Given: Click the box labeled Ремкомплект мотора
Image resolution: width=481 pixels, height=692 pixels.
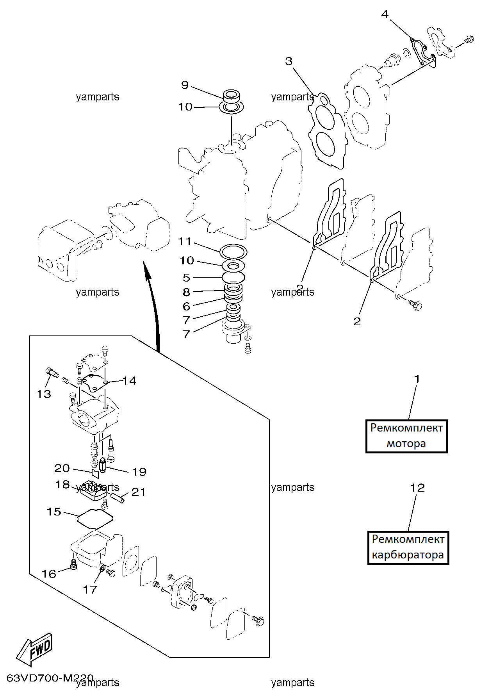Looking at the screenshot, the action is click(406, 436).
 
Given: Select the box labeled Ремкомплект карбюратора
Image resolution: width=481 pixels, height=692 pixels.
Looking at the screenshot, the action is click(408, 548).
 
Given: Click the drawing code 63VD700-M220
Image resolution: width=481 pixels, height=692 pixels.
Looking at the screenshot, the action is click(50, 678).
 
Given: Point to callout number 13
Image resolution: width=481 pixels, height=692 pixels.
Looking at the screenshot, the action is click(44, 394).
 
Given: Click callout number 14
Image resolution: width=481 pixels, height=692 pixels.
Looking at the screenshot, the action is click(129, 381).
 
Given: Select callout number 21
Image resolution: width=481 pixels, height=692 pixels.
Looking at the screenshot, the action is click(138, 492).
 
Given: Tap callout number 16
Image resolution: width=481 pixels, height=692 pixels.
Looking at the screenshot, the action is click(49, 574).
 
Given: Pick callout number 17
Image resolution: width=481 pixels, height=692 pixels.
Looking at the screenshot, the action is click(90, 589).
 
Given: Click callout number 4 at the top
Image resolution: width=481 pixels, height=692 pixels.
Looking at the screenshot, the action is click(385, 14).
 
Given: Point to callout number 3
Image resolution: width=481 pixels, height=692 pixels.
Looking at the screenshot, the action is click(289, 61).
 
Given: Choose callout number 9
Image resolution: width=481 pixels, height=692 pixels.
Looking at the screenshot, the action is click(185, 85).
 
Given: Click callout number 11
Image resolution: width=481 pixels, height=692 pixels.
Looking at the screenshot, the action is click(185, 242).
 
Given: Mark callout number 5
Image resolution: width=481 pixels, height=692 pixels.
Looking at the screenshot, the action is click(187, 278).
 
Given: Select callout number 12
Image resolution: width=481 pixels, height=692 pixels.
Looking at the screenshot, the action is click(417, 488).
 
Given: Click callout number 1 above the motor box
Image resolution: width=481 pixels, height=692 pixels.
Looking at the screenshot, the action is click(417, 379).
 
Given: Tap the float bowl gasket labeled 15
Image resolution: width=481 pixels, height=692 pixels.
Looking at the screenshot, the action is click(96, 519).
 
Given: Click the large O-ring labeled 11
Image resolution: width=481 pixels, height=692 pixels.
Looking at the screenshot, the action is click(233, 251).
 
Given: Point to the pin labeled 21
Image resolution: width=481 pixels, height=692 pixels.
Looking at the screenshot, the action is click(118, 498).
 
